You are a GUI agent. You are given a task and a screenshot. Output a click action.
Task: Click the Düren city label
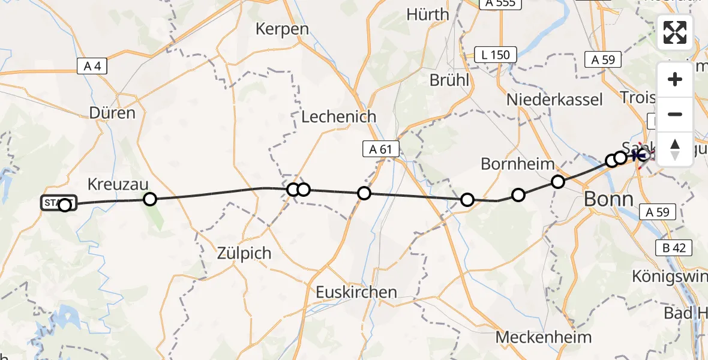[x=112, y=112]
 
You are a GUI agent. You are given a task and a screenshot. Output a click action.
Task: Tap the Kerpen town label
[x=282, y=29]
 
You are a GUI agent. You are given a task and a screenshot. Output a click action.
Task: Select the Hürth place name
[x=427, y=14]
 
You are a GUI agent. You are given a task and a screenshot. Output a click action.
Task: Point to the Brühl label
[x=449, y=80]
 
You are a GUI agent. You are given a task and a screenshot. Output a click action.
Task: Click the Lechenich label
[x=338, y=116]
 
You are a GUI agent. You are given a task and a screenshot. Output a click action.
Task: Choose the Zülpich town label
[x=245, y=253]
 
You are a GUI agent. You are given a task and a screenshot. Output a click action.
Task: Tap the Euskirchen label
[x=357, y=292]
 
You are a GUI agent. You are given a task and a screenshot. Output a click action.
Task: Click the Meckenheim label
[x=544, y=337]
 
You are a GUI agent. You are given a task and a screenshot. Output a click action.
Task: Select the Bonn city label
[x=608, y=199]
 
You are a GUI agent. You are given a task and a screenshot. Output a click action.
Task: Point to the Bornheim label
[x=517, y=163]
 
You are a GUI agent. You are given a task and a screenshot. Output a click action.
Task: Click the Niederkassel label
[x=553, y=100]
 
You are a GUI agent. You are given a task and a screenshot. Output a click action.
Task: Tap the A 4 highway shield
[x=92, y=66]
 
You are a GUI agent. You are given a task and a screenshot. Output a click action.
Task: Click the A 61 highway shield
[x=380, y=150]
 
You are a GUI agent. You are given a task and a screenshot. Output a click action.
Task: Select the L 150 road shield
[x=495, y=55]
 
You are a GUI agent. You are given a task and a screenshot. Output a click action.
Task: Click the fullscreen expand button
[x=675, y=32]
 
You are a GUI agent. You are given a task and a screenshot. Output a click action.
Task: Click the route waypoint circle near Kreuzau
[x=150, y=199]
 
